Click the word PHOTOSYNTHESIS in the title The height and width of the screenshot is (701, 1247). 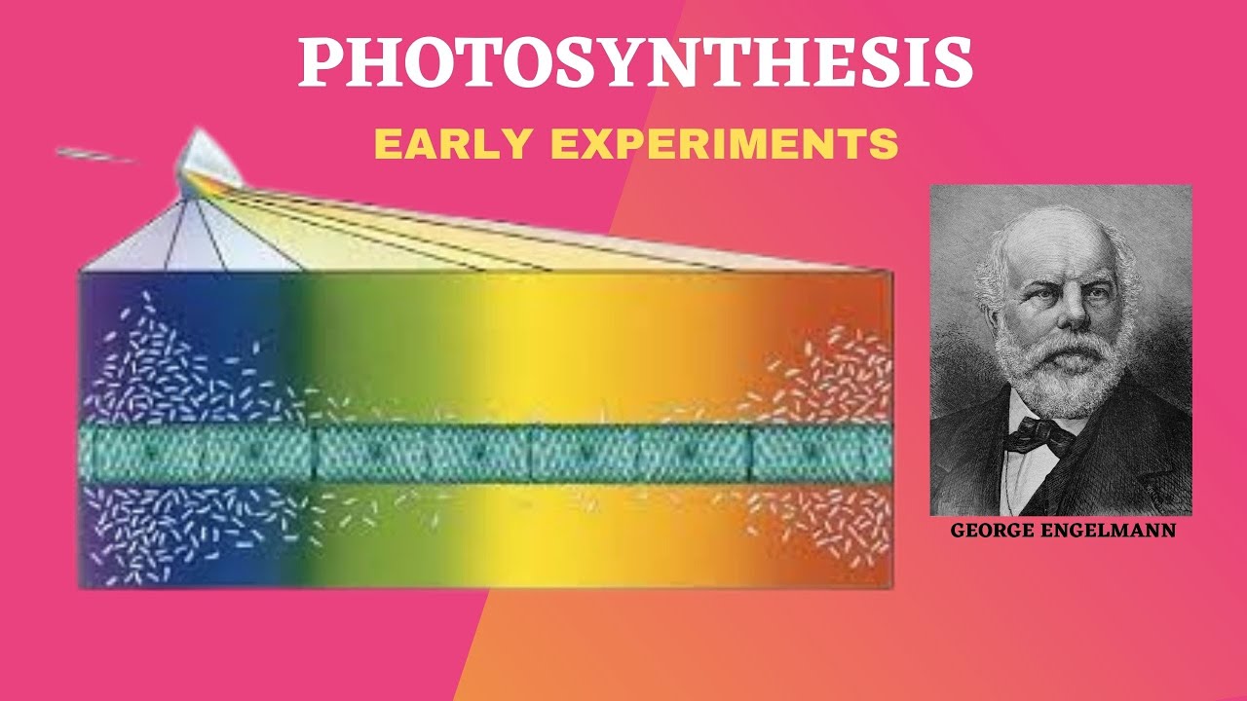(x=635, y=64)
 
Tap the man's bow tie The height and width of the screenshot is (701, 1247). (x=1039, y=435)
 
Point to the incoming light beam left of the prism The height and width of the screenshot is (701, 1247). (x=97, y=154)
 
